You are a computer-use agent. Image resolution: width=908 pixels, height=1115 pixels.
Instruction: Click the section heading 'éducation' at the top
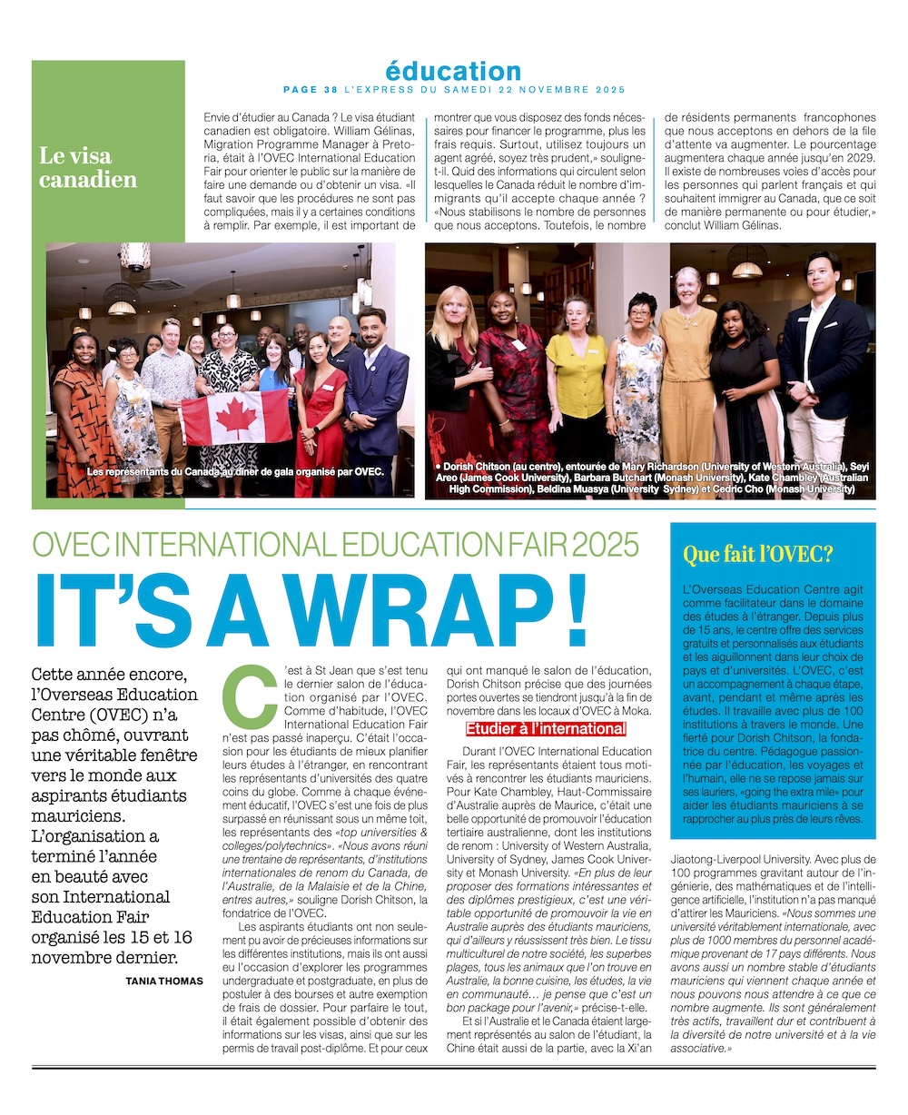pos(453,71)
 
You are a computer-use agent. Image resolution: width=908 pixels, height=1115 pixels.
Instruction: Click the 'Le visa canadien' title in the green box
pos(88,168)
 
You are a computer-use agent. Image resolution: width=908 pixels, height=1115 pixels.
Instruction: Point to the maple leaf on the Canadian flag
pos(236,417)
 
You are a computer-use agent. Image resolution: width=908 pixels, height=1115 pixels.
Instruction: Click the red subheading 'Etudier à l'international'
pos(546,729)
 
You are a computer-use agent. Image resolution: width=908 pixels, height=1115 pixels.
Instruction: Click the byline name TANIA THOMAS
pos(164,981)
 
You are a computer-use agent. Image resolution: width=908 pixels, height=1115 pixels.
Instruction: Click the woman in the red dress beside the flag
pos(321,409)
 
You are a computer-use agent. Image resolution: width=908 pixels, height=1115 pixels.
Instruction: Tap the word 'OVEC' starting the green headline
pos(70,544)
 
